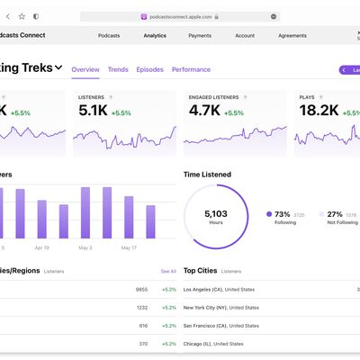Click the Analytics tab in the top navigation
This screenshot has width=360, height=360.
(x=155, y=36)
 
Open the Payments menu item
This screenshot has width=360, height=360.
(x=201, y=36)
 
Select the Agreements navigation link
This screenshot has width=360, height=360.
(x=292, y=36)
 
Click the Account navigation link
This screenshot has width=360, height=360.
(x=245, y=36)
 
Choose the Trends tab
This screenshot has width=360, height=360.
(x=118, y=69)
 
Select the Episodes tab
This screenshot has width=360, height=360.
(x=150, y=69)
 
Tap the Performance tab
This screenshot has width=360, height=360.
(x=191, y=69)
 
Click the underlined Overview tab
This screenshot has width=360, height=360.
(x=85, y=69)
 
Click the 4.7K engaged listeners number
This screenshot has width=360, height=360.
(x=204, y=112)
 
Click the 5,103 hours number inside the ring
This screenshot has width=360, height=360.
(x=216, y=213)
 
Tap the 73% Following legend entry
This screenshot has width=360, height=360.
(x=282, y=214)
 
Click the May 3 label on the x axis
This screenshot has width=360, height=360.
(x=85, y=247)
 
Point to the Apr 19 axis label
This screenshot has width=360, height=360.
(x=41, y=247)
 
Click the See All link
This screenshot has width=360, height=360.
(x=168, y=270)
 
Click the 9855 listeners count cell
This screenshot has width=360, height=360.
(x=140, y=290)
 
